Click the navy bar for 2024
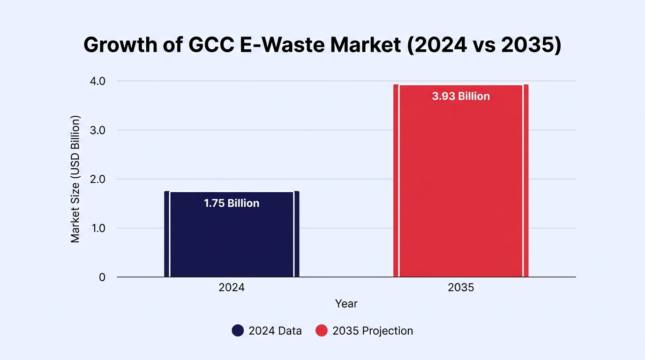point(232,234)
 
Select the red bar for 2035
point(461,180)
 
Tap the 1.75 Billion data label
point(232,203)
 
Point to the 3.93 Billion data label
point(461,96)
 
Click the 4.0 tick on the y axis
point(97,81)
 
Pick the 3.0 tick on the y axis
point(97,130)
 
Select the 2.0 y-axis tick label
point(97,180)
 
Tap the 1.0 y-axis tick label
point(98,228)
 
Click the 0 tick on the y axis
point(102,277)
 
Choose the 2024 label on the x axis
point(232,287)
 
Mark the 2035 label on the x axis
point(461,287)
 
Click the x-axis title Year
point(346,304)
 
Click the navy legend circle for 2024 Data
point(238,330)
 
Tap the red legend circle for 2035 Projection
point(322,330)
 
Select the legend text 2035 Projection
point(373,331)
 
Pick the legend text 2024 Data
point(275,331)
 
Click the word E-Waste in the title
point(282,45)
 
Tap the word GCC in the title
point(211,45)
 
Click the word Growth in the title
point(120,45)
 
